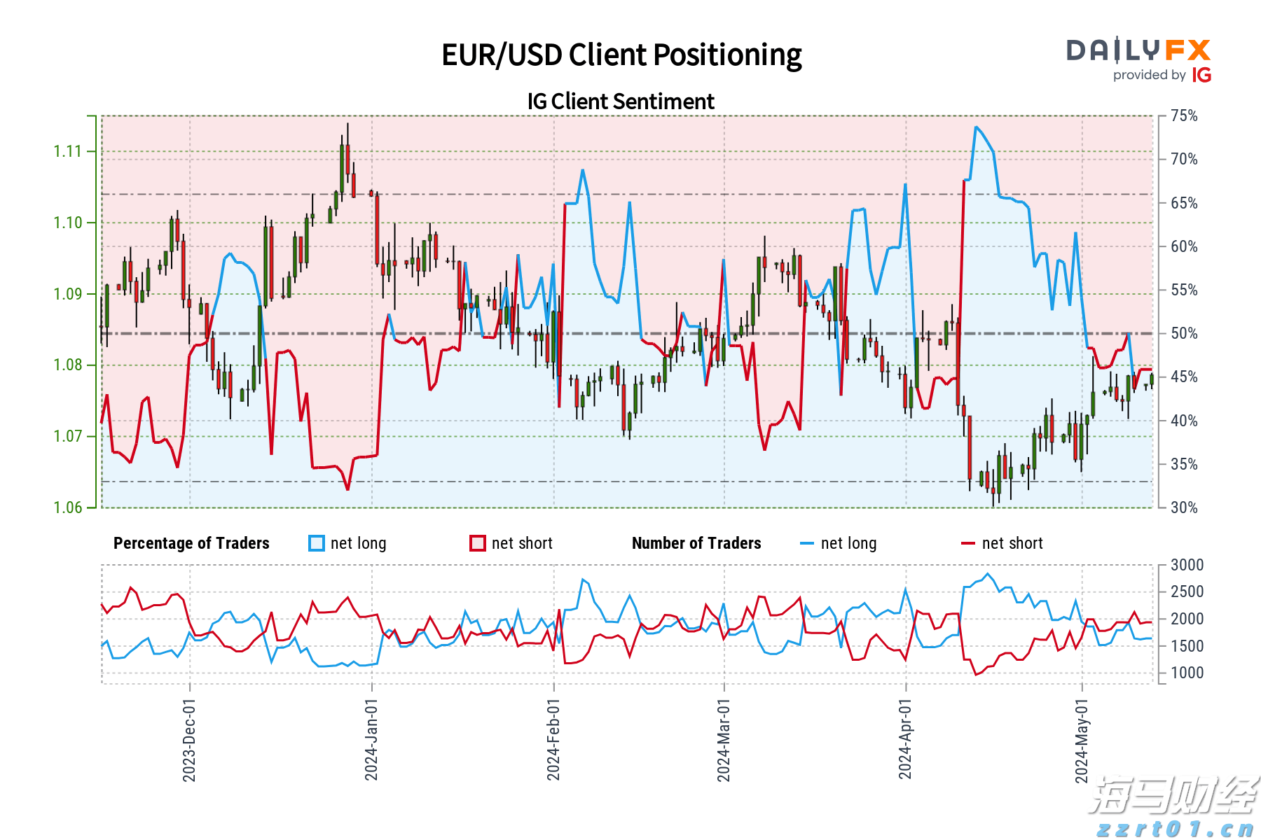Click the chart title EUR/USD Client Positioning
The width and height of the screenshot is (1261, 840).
pos(621,55)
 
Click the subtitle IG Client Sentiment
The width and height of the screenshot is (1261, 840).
pos(621,101)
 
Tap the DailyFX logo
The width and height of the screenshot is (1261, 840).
pos(1138,50)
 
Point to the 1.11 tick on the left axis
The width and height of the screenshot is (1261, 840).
pos(68,151)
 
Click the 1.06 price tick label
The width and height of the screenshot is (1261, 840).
pos(68,507)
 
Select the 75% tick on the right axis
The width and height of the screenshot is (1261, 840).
pos(1184,116)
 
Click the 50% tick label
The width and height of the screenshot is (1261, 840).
pos(1184,334)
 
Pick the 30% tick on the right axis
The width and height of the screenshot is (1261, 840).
pos(1184,508)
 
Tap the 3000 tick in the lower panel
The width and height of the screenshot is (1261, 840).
pos(1187,565)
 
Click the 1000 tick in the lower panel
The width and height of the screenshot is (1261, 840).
pos(1187,673)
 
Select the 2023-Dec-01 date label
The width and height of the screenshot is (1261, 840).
pos(189,740)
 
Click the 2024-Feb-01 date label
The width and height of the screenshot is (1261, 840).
pos(553,740)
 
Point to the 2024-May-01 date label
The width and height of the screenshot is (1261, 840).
pos(1082,740)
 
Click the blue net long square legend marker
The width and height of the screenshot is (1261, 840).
pos(317,543)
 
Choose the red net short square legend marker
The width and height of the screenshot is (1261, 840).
pos(478,543)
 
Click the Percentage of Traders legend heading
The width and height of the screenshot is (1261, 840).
pos(191,543)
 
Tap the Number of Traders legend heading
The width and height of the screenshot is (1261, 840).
pos(696,543)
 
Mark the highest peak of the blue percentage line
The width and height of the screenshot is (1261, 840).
pos(976,127)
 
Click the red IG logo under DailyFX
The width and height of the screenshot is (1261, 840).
pos(1201,76)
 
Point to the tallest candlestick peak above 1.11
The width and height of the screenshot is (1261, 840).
pos(347,125)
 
